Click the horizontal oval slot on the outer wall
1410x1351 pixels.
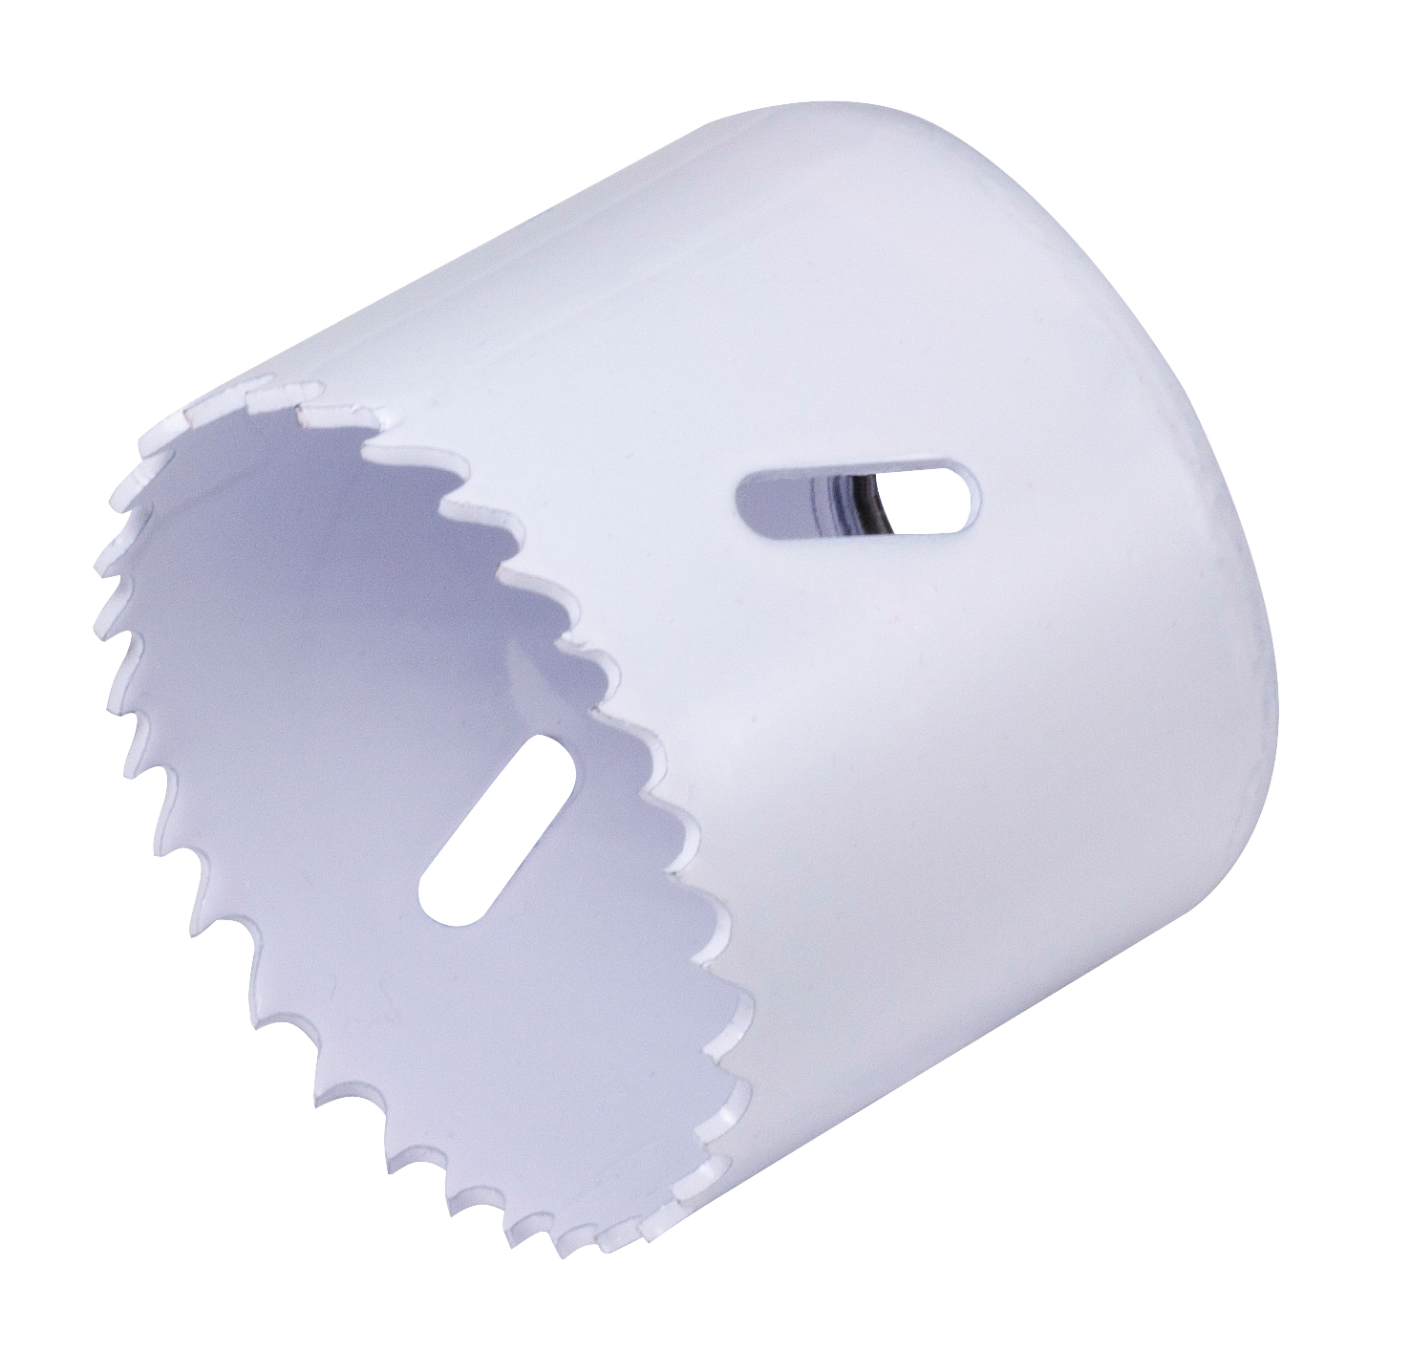(858, 497)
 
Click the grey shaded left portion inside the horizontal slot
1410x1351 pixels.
(783, 499)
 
